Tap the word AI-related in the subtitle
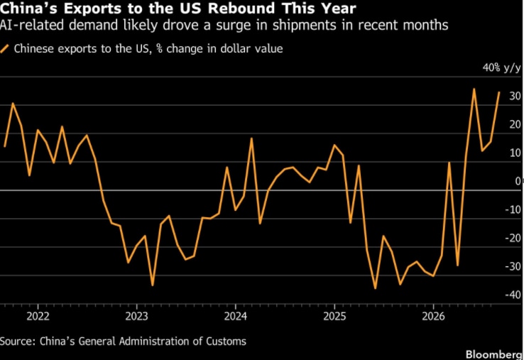32,25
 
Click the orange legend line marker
4,49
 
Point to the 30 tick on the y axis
515,97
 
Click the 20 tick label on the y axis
515,125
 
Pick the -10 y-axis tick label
513,209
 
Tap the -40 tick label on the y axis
513,295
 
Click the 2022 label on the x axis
38,316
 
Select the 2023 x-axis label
136,316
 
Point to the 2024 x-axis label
235,316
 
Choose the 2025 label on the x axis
334,316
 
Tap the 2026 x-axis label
433,316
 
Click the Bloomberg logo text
495,354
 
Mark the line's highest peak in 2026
474,89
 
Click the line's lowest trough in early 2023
153,285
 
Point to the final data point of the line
499,92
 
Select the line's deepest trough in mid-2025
376,288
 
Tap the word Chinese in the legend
34,49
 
